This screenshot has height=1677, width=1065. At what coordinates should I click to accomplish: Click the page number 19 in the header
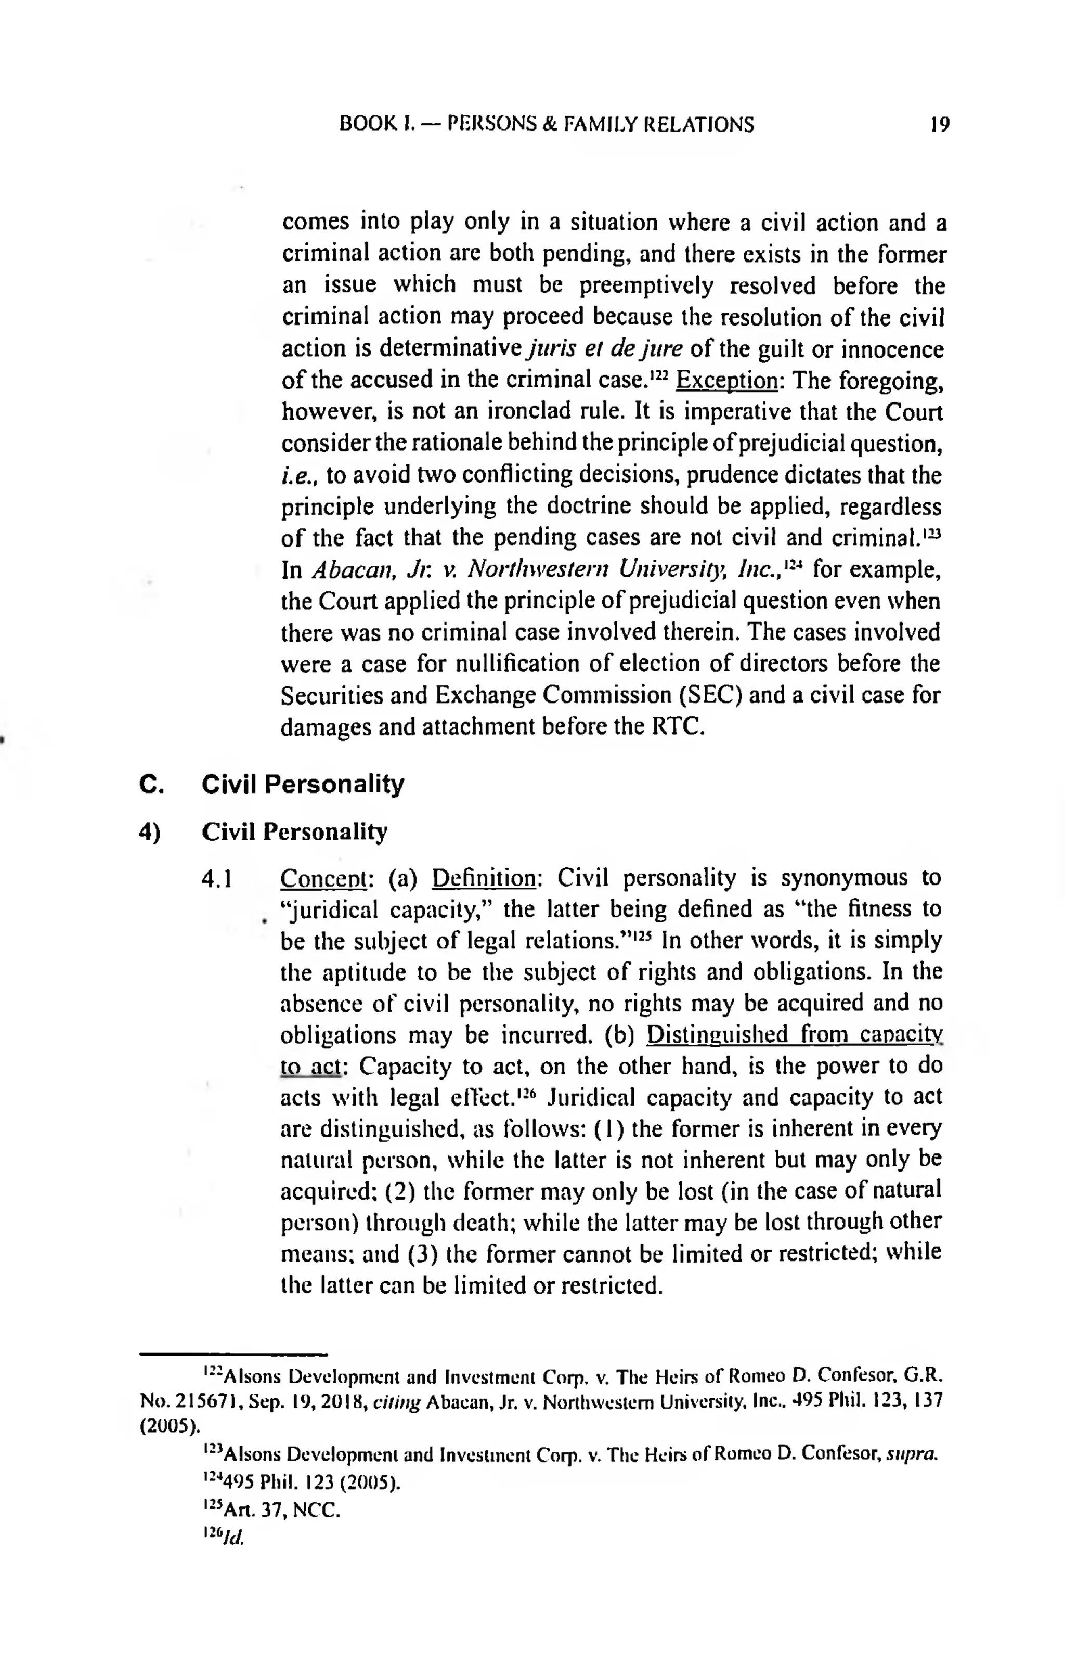pos(940,125)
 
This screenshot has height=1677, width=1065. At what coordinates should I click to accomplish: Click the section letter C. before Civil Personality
pos(151,784)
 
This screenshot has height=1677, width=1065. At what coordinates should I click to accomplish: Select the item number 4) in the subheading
pos(150,831)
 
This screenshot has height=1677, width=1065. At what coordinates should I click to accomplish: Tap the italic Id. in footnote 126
pos(235,1538)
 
